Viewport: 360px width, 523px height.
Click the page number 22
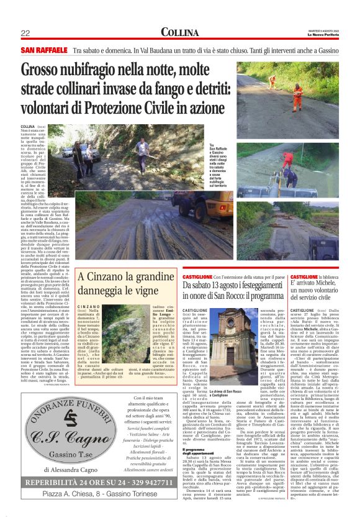tap(25, 32)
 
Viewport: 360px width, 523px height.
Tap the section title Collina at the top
tap(179, 32)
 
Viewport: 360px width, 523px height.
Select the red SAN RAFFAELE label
tap(44, 49)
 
